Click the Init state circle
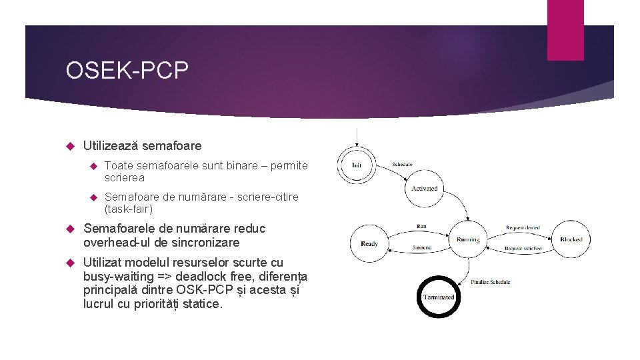pos(357,165)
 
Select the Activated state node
pos(424,189)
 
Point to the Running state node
pos(467,240)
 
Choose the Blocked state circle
pos(571,239)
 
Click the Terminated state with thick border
pos(438,297)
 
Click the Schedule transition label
pos(402,164)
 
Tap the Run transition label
pos(421,227)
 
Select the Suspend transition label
pos(421,247)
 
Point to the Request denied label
pos(523,228)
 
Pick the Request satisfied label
pos(523,249)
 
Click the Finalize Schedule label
pos(491,282)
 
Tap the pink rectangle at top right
pos(565,30)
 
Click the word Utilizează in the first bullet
pos(110,145)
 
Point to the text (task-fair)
pos(129,209)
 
